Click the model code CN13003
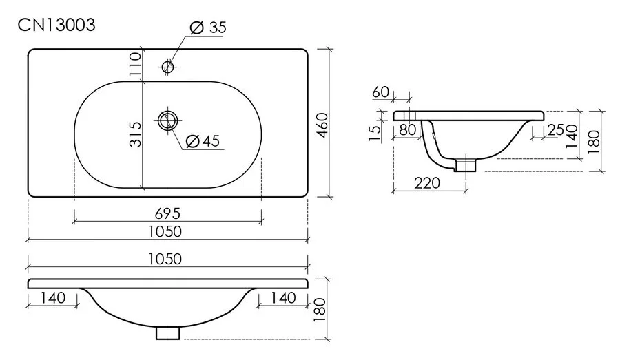(56, 25)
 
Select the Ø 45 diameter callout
(203, 141)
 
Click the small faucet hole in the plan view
(167, 67)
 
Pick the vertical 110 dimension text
(134, 64)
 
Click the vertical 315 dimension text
(134, 134)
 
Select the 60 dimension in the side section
(381, 92)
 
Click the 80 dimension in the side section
(407, 129)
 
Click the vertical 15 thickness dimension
(374, 133)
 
